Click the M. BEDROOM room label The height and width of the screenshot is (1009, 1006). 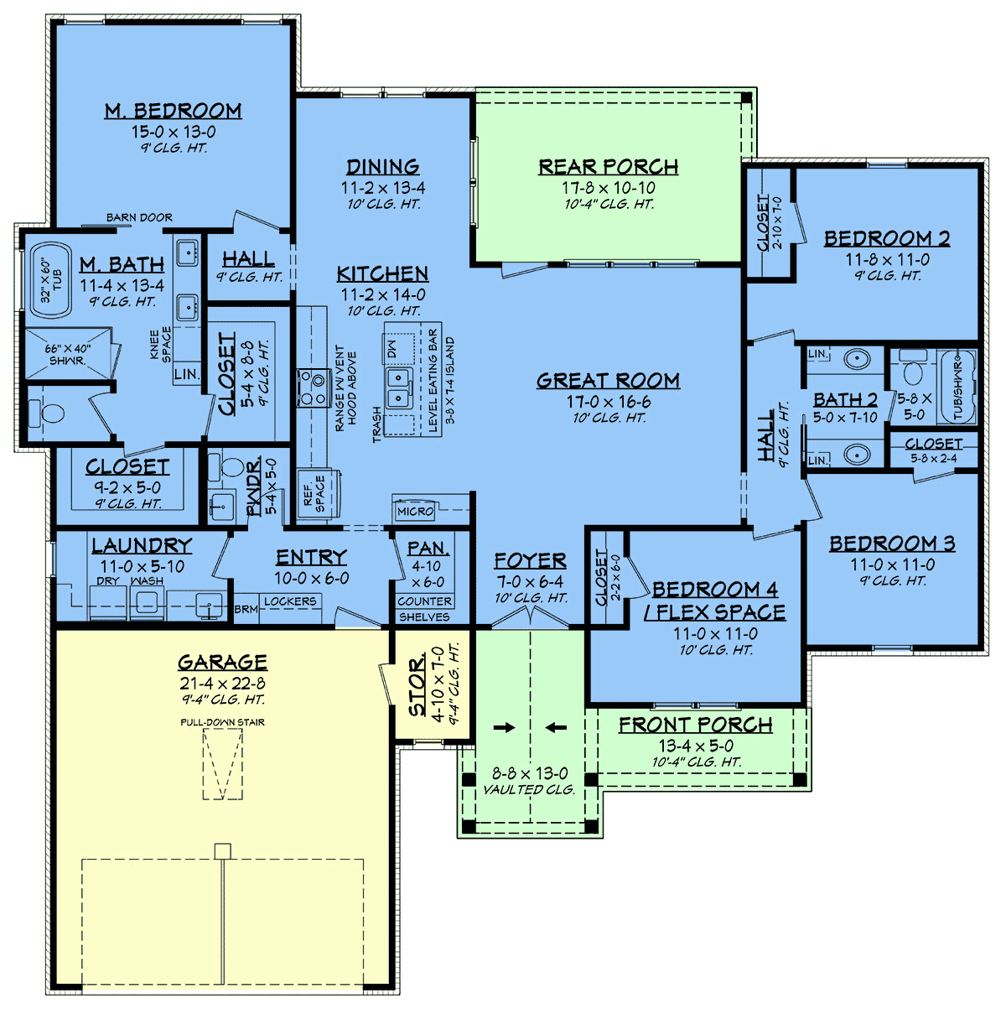174,111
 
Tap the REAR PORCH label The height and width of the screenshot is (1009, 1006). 609,167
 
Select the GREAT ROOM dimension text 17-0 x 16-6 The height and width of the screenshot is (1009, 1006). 609,402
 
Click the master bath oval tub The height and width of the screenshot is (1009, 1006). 50,280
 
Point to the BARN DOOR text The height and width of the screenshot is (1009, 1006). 139,217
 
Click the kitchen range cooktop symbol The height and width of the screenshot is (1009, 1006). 314,387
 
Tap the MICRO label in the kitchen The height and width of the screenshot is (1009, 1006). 415,511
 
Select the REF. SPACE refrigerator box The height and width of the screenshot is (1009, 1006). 318,493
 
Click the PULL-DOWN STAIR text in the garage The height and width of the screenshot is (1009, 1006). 222,722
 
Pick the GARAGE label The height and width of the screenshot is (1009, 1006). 222,663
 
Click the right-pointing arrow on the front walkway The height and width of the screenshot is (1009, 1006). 504,727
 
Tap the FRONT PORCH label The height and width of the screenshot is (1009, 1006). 696,725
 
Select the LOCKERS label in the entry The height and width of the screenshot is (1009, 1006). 290,601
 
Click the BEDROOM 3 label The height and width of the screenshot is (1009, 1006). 893,544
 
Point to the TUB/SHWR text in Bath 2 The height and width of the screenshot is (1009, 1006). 957,387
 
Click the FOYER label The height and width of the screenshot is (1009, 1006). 530,560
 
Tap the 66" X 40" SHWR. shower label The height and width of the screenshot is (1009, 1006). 68,355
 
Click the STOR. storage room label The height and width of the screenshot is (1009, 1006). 417,686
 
